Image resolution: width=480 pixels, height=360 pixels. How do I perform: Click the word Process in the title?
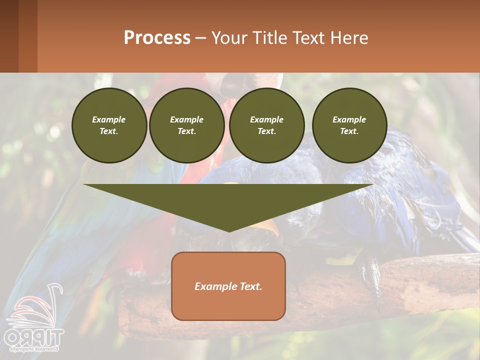coord(157,38)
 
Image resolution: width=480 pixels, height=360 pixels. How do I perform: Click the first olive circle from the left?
coord(109,125)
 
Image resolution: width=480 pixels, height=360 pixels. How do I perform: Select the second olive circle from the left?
coord(186,125)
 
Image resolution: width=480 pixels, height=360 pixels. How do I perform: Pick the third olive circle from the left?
coord(266,125)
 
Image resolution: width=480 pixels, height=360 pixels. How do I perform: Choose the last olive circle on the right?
coord(349,125)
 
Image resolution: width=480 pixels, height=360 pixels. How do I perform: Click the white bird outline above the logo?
coord(37,307)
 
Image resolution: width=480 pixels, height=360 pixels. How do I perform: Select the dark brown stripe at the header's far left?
coord(9,36)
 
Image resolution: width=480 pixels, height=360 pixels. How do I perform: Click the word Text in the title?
coord(309,38)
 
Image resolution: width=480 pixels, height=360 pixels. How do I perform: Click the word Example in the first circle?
coord(109,120)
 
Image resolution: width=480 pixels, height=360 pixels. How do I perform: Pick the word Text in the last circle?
coord(349,131)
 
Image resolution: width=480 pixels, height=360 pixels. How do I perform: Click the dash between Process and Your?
coord(200,38)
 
